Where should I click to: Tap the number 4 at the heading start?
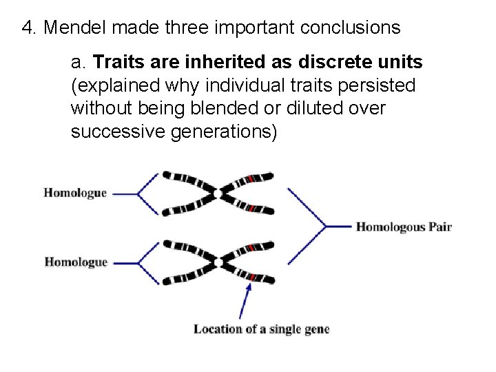pos(28,28)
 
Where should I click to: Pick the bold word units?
pos(397,63)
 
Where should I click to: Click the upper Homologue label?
pos(75,193)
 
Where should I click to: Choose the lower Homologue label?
pos(76,262)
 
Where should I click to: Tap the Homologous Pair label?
pos(404,227)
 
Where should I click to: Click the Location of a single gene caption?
pos(262,329)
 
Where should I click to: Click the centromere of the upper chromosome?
pos(222,193)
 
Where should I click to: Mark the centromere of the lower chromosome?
pos(222,262)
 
